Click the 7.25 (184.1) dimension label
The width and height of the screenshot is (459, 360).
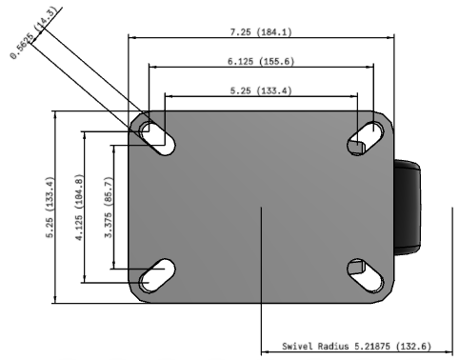click(261, 32)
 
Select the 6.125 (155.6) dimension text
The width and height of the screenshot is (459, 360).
click(261, 61)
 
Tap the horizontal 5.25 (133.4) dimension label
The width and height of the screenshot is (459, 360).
click(261, 90)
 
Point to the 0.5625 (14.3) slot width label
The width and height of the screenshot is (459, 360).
click(33, 32)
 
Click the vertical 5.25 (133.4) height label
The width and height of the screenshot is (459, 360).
click(50, 207)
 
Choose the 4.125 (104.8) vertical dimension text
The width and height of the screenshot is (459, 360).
click(80, 207)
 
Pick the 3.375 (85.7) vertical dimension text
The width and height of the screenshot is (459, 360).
click(109, 207)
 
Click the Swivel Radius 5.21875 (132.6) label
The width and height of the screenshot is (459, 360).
click(356, 346)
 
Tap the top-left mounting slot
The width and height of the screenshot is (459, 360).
click(158, 138)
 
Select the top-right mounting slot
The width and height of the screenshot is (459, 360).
click(366, 138)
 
